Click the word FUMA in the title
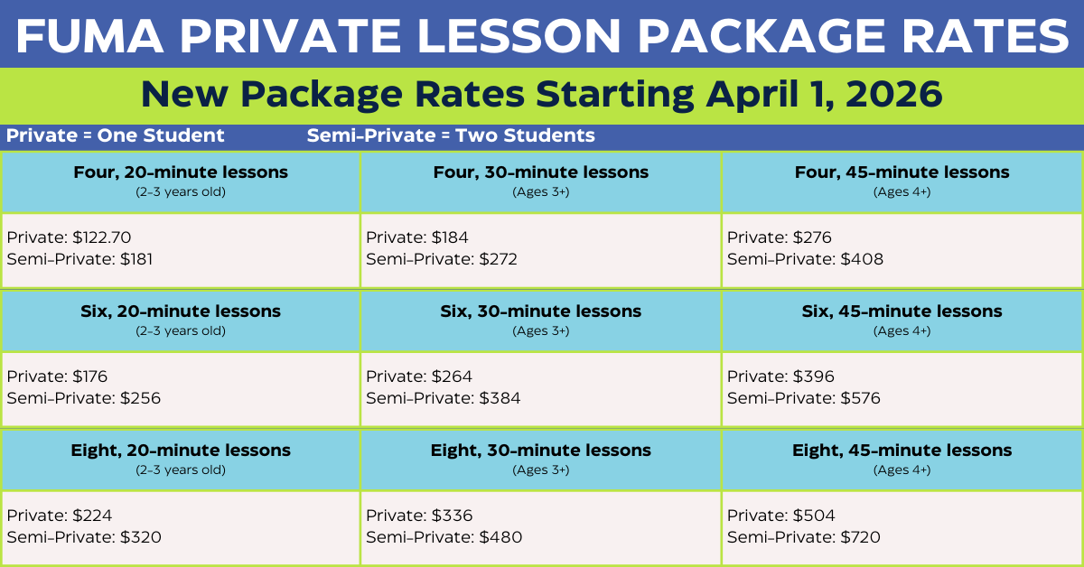coord(90,36)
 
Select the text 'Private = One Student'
coord(116,135)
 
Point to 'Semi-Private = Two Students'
coord(451,135)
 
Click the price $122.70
coord(101,237)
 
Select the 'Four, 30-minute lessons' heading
coord(540,172)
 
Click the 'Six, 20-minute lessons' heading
coord(181,311)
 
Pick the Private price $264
coord(452,376)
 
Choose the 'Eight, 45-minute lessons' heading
coord(902,451)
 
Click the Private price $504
coord(814,516)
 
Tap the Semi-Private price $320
coord(140,537)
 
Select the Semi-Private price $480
coord(500,537)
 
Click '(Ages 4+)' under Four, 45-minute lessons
coord(902,192)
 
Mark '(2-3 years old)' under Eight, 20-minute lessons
coord(181,470)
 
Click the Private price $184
coord(450,237)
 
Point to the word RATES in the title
coord(985,36)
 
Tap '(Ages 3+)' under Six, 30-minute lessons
coord(540,331)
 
